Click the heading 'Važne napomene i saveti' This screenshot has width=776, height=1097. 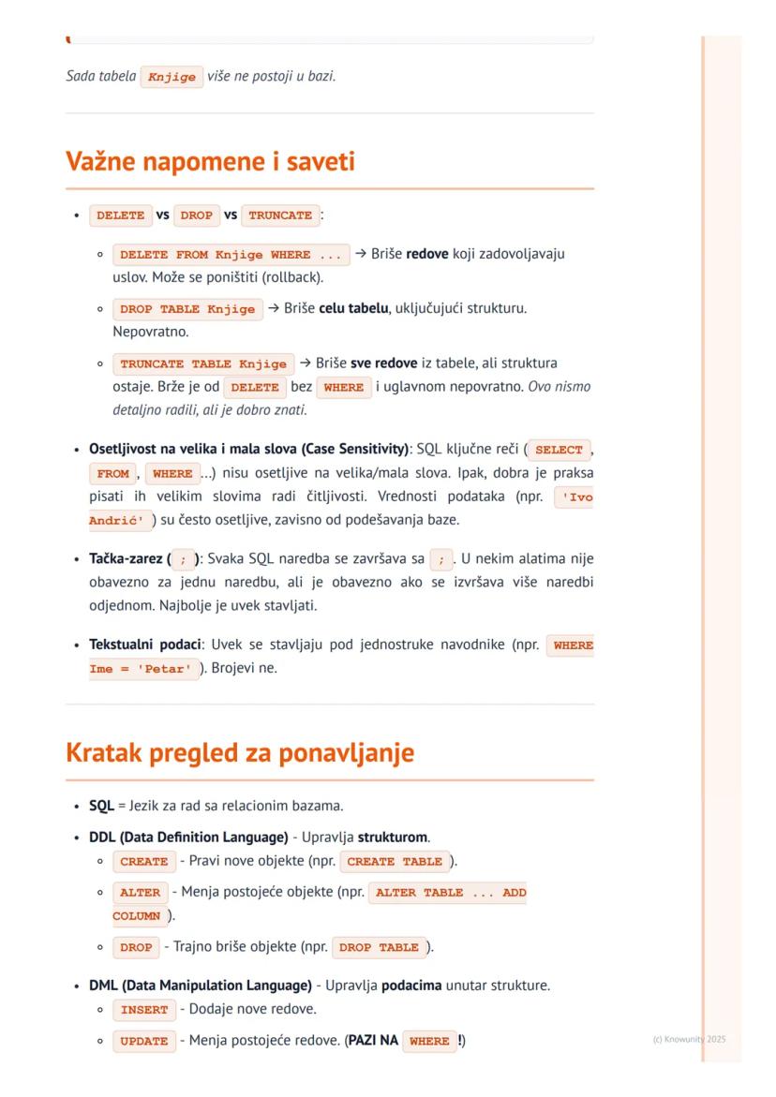coord(210,162)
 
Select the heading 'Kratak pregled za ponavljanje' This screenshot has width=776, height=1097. coord(240,753)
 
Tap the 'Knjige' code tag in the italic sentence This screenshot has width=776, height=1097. coord(172,77)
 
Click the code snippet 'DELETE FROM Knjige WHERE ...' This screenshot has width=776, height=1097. coord(231,255)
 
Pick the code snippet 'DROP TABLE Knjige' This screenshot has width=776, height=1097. coord(187,309)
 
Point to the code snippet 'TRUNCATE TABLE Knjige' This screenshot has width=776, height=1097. coord(203,363)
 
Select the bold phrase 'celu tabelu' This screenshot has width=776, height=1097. coord(354,308)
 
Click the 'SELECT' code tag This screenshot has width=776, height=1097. coord(559,450)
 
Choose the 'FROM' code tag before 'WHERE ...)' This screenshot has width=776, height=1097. coord(113,474)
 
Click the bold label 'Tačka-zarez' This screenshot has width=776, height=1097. coord(127,559)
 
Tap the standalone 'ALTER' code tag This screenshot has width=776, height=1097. coord(141,893)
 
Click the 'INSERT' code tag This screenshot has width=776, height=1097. coord(144,1010)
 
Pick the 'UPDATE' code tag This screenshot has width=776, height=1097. coord(144,1041)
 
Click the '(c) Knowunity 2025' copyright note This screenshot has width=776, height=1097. coord(689,1039)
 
